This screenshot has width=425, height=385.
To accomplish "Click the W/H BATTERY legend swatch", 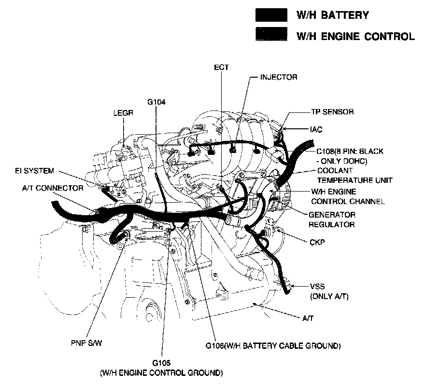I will tap(271, 15).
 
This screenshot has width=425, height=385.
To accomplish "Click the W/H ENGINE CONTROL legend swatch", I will tap(271, 35).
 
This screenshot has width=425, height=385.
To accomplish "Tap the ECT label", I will tap(221, 68).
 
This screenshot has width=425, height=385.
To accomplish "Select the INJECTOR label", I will tap(279, 77).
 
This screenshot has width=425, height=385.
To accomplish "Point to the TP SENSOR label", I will tap(332, 112).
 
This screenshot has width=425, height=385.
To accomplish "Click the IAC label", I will tap(316, 129).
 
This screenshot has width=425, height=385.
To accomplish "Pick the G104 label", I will tap(156, 102).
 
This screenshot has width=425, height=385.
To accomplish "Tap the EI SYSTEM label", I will tap(34, 171).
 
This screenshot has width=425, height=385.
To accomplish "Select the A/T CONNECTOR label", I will tap(46, 188).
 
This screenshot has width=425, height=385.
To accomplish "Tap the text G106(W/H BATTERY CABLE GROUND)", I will tap(273, 346).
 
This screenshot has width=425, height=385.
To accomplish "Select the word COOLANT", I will tap(335, 171).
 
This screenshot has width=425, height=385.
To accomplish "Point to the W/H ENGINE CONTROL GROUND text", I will tap(161, 373).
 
